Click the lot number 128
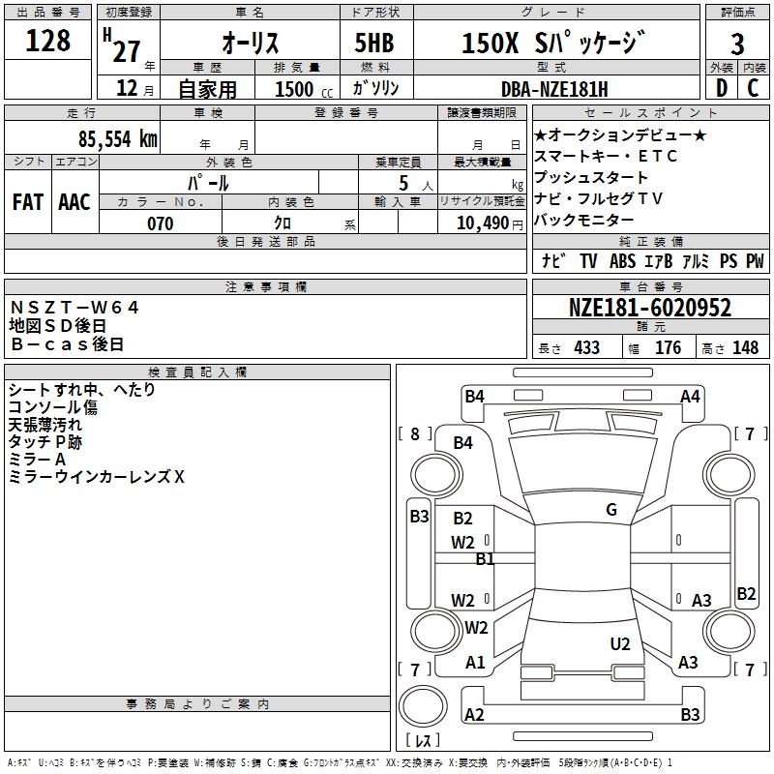47,41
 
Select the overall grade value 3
737,45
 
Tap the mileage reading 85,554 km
118,139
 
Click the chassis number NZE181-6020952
650,308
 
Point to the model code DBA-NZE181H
554,89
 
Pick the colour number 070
161,223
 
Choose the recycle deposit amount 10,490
483,223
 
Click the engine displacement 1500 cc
304,89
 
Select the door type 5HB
374,43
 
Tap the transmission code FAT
28,202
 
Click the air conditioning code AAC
74,202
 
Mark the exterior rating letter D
722,88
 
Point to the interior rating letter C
753,88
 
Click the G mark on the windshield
611,510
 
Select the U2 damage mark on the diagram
620,644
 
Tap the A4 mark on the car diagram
690,397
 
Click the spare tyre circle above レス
423,705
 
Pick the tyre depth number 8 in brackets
415,434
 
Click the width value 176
668,347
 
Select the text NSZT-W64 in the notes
74,308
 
